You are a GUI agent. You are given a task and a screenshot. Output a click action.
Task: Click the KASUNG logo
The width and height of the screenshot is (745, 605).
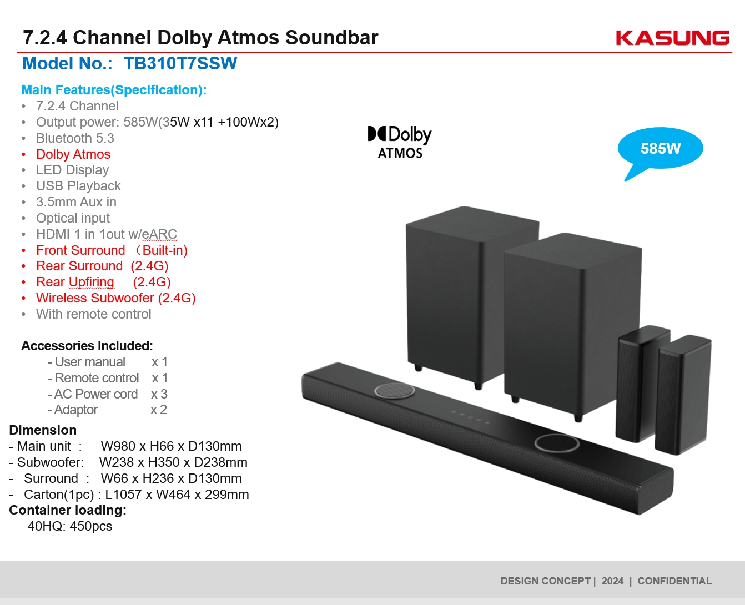pyautogui.click(x=672, y=38)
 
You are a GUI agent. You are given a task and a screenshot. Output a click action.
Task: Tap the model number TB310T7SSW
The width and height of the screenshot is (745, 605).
pyautogui.click(x=180, y=63)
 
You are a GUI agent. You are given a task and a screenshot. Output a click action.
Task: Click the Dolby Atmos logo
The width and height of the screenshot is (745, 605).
pyautogui.click(x=400, y=142)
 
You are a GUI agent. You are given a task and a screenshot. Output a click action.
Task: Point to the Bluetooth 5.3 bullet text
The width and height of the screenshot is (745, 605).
pyautogui.click(x=75, y=138)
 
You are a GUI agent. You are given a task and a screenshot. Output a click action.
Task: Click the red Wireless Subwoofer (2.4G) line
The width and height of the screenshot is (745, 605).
pyautogui.click(x=116, y=298)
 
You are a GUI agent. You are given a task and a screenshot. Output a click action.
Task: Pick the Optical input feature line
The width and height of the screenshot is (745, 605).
pyautogui.click(x=73, y=218)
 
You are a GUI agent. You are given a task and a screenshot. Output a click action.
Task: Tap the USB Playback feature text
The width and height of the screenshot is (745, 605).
pyautogui.click(x=78, y=186)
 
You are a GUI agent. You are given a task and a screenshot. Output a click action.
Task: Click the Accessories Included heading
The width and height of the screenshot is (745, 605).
pyautogui.click(x=87, y=345)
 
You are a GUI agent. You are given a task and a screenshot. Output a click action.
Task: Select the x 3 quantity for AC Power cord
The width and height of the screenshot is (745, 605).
pyautogui.click(x=159, y=394)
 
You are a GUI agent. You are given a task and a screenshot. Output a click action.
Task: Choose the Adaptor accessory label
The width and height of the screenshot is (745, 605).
pyautogui.click(x=76, y=410)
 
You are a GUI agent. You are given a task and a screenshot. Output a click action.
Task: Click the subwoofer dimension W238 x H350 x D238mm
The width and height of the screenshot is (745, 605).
pyautogui.click(x=173, y=462)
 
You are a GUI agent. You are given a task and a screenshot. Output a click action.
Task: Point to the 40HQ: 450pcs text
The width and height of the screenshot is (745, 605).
pyautogui.click(x=70, y=526)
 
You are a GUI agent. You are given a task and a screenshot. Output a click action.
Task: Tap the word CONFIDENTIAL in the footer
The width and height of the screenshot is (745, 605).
pyautogui.click(x=674, y=581)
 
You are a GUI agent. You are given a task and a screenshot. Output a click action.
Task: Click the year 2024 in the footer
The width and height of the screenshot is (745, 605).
pyautogui.click(x=612, y=581)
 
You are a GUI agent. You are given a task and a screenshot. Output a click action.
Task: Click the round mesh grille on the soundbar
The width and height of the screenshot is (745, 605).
pyautogui.click(x=395, y=391)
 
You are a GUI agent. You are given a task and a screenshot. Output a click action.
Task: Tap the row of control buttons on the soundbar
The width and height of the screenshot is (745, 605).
pyautogui.click(x=470, y=417)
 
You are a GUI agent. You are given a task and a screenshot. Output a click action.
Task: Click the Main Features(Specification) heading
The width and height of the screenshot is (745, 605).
pyautogui.click(x=114, y=90)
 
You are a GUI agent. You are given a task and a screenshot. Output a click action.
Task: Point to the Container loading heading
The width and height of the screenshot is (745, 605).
pyautogui.click(x=68, y=510)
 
